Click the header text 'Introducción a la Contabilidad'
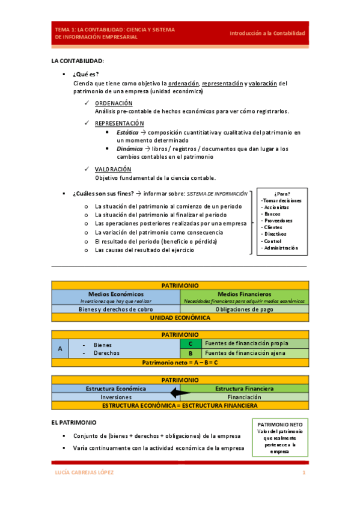267,33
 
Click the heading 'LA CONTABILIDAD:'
78,61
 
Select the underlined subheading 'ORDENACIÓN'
114,103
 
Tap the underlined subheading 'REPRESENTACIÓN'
120,123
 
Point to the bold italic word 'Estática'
127,132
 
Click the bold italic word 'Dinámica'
129,149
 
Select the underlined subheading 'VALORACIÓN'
113,169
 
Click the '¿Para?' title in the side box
282,194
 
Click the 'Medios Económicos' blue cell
116,293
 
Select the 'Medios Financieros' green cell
245,293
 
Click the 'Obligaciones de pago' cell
245,309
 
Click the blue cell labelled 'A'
60,349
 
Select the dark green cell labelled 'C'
191,343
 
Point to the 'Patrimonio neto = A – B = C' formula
180,363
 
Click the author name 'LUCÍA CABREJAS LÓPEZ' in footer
84,473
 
